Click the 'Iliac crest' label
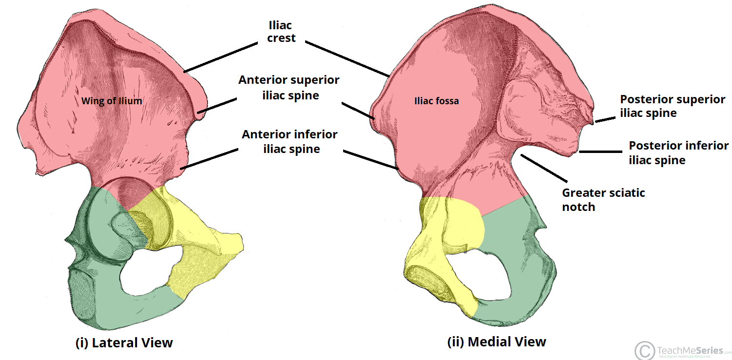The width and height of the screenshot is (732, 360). point(282,31)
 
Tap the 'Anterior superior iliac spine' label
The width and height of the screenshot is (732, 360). point(289,88)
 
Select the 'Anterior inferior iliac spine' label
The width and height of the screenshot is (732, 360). point(290,141)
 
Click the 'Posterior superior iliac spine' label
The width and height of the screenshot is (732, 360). point(673,106)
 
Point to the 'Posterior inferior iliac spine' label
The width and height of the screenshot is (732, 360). point(678,152)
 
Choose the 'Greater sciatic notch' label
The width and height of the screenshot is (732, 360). point(603,200)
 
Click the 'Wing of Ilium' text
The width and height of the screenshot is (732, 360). point(112,101)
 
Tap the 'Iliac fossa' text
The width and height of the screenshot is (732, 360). point(437,101)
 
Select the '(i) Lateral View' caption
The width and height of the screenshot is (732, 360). point(124,342)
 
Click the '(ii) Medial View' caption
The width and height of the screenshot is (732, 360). point(497,342)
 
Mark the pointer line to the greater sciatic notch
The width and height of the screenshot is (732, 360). point(544,166)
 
